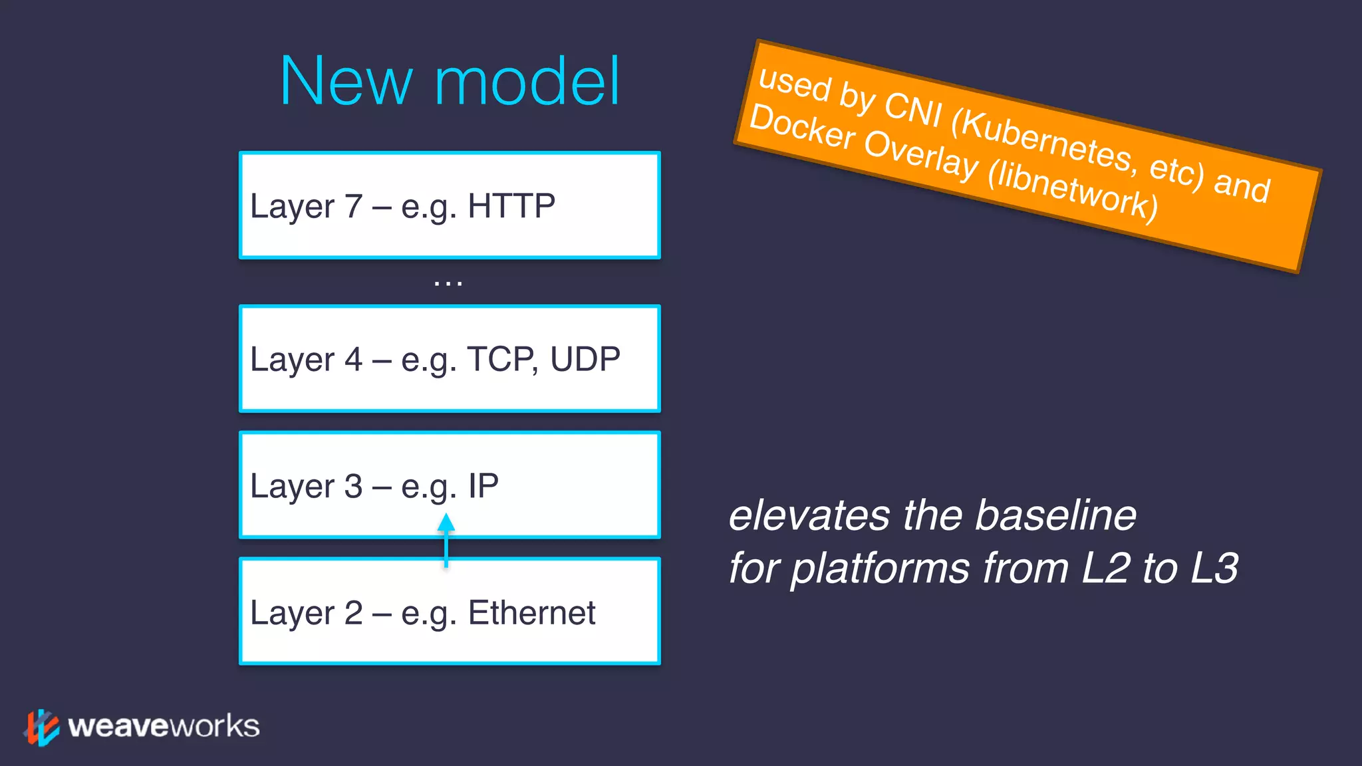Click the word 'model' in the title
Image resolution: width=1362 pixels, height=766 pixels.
pos(527,82)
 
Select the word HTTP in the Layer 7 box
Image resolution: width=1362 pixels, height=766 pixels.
pos(511,205)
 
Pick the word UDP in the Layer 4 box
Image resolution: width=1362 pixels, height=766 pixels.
pos(585,359)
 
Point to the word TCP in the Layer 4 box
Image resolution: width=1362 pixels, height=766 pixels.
pos(501,359)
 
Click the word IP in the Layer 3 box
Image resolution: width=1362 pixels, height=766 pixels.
pos(483,486)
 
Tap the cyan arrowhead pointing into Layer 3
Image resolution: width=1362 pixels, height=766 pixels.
pos(446,523)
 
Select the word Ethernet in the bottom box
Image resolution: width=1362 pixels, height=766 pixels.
pos(531,612)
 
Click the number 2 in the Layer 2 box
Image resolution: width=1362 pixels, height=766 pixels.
pos(353,613)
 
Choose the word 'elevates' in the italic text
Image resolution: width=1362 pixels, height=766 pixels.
pos(809,516)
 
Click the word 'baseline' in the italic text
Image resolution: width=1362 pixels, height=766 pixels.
pos(1055,516)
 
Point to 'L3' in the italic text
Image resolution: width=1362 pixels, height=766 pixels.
pos(1214,569)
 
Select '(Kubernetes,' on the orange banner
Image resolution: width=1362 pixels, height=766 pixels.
pos(1043,140)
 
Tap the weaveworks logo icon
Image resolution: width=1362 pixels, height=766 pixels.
pos(42,727)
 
